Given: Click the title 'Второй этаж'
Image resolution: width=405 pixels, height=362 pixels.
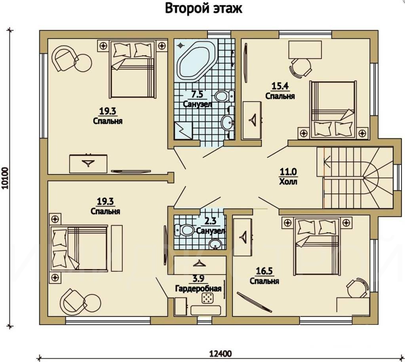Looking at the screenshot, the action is coord(203,9).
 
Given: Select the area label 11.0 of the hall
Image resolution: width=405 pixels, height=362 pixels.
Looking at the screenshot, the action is coord(288,171).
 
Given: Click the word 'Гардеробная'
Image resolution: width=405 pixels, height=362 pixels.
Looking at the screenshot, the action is coord(198,288).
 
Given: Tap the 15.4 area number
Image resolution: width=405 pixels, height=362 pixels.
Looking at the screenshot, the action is coord(280,85).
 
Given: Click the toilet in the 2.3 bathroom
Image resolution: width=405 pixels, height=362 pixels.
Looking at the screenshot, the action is coord(184,230).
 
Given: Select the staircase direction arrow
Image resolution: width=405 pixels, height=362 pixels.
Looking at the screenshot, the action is coord(327,163).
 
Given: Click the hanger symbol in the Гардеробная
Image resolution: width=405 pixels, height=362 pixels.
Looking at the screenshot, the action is coord(198,263).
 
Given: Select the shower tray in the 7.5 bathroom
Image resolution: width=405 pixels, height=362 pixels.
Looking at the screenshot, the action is coord(183,131).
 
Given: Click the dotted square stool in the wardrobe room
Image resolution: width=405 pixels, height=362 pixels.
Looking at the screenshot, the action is coord(207,298).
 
